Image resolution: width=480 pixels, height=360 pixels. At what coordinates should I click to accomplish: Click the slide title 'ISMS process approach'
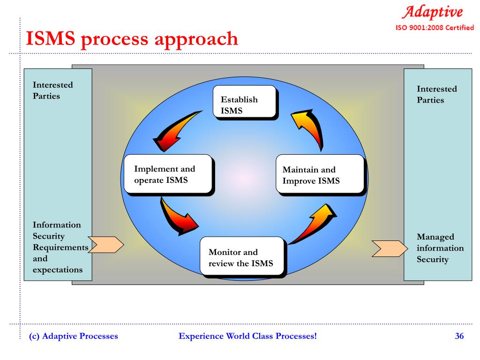click(132, 39)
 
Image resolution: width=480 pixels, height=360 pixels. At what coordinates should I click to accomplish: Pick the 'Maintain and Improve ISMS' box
click(319, 174)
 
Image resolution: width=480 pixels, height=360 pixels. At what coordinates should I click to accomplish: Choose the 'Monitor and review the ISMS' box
click(242, 256)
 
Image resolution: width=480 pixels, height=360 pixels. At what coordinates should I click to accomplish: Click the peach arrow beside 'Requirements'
click(106, 244)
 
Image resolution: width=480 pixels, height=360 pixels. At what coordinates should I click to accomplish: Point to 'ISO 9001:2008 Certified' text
click(435, 27)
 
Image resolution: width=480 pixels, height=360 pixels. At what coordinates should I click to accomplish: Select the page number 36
click(459, 336)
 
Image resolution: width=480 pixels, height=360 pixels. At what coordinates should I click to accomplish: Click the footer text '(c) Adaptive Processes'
click(74, 336)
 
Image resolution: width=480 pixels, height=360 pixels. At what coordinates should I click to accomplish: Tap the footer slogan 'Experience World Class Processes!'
click(248, 336)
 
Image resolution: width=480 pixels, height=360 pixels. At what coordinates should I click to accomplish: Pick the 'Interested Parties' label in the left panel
click(52, 90)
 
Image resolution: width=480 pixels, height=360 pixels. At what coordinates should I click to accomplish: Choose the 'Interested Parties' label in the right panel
click(437, 94)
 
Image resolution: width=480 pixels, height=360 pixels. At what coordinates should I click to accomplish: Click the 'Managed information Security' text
click(440, 248)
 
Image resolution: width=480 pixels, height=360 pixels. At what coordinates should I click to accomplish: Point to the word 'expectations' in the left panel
click(58, 270)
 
